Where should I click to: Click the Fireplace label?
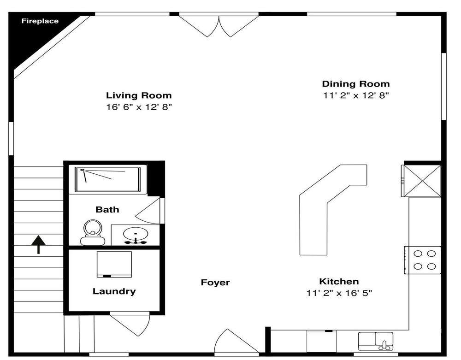click(40, 21)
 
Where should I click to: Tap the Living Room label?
click(139, 95)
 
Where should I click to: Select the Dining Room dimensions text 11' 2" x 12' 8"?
click(356, 95)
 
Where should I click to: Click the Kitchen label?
click(339, 282)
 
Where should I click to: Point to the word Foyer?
click(215, 283)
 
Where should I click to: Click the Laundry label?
click(114, 291)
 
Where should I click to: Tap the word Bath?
click(107, 210)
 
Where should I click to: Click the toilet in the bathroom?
click(93, 232)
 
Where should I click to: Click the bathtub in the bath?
click(107, 180)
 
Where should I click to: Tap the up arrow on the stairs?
click(39, 244)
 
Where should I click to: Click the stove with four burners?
click(422, 260)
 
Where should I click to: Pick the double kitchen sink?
click(376, 341)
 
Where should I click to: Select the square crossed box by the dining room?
click(422, 180)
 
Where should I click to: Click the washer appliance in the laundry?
click(114, 264)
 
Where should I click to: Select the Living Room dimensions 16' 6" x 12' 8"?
click(139, 107)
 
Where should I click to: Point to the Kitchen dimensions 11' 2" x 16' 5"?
click(339, 293)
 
